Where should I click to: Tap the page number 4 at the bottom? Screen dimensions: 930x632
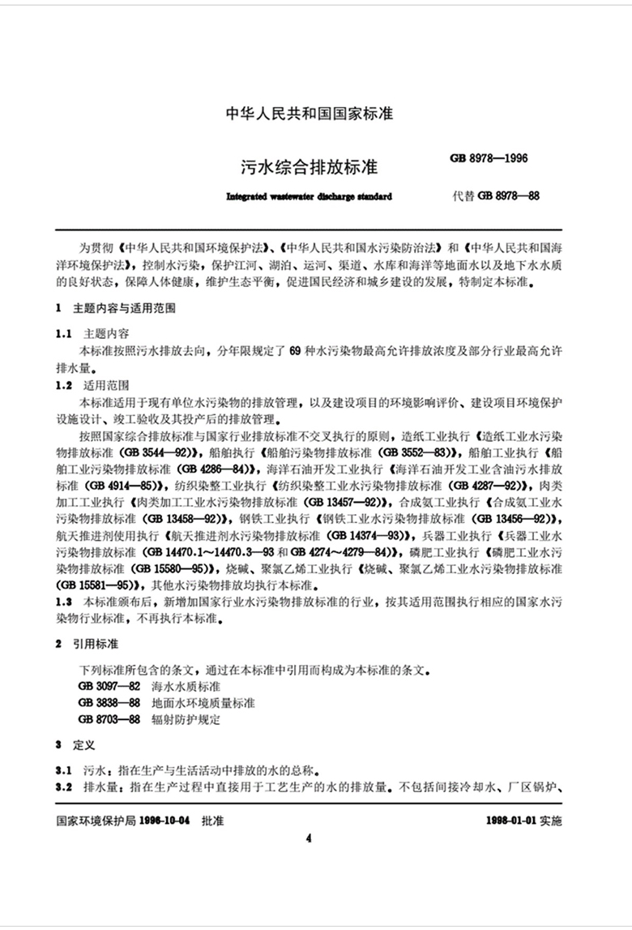(x=309, y=838)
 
